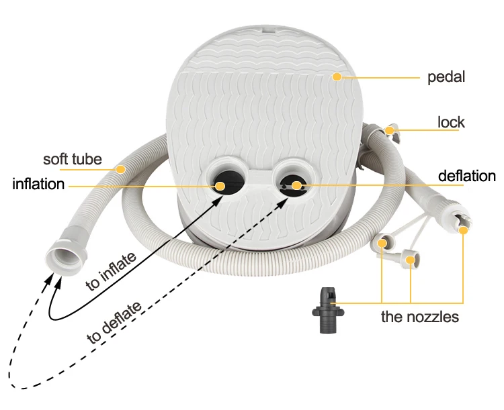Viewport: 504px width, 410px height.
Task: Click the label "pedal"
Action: click(446, 77)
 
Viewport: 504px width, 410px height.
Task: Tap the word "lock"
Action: click(451, 123)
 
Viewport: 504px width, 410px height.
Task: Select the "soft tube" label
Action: click(72, 160)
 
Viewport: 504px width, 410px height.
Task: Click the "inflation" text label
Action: click(38, 184)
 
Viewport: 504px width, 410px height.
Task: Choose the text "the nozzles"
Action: click(420, 316)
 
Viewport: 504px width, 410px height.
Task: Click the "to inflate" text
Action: click(112, 270)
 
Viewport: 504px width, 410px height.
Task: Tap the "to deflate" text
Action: click(114, 323)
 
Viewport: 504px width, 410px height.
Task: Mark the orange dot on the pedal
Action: click(336, 77)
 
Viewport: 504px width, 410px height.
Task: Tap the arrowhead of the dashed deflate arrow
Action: click(47, 276)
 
